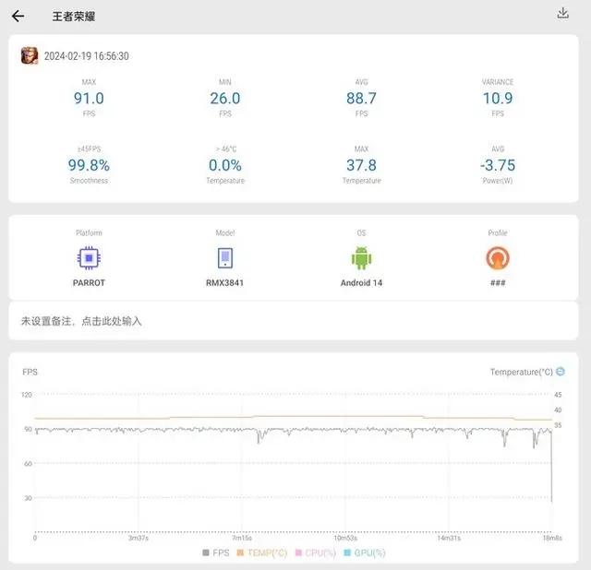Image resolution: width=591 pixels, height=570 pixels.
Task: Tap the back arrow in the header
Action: pos(18,16)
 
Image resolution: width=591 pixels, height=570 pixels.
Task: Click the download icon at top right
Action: pos(563,13)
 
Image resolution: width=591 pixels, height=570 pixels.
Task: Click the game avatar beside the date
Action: pos(30,55)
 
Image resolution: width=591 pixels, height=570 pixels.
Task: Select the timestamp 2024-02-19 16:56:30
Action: pos(86,56)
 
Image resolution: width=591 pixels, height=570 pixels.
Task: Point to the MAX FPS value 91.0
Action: pos(89,98)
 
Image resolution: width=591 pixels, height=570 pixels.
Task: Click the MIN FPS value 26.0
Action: pos(224,98)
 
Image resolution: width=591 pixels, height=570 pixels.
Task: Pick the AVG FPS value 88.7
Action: pos(360,98)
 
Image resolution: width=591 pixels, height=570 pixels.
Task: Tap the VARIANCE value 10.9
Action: pos(497,98)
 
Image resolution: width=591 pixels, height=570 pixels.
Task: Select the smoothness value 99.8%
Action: pos(89,165)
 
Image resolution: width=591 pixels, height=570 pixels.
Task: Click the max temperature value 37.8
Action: pos(360,165)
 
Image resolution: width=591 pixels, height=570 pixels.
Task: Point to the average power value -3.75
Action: pos(497,165)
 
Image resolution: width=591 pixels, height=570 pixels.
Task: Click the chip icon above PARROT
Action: pos(89,257)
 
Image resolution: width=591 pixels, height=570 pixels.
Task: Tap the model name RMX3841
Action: pos(224,282)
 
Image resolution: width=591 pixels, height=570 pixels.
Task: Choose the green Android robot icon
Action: pos(360,257)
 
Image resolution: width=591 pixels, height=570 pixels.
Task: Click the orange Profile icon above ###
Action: pos(497,257)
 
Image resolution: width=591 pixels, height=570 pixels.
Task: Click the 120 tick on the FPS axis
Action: pos(27,395)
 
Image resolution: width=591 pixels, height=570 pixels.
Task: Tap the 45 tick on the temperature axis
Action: pos(558,395)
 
